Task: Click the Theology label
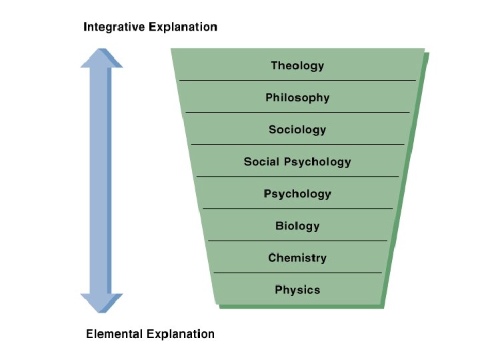297,65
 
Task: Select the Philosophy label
297,97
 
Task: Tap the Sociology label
297,129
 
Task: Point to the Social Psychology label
297,161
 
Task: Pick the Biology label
297,226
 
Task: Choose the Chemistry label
297,258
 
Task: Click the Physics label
297,290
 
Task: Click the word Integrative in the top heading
113,27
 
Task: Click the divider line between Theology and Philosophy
297,80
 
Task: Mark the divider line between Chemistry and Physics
297,273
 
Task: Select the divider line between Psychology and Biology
297,209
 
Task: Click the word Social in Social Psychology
261,161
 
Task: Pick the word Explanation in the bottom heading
181,334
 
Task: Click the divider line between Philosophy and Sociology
297,112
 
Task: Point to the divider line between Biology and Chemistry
297,240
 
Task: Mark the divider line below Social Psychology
297,176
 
